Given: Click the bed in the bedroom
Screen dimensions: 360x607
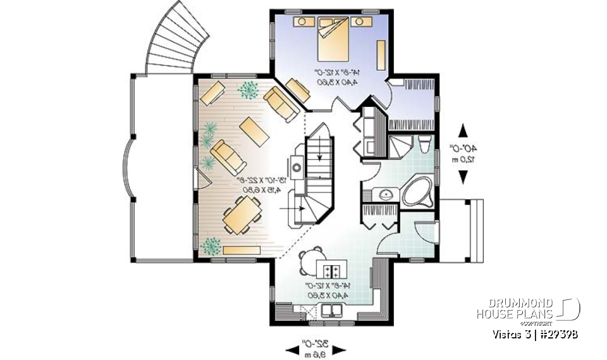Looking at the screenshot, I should (x=331, y=37).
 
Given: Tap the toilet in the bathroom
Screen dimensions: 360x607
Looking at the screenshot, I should (x=424, y=145).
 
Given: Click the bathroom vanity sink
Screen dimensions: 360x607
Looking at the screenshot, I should (x=383, y=194).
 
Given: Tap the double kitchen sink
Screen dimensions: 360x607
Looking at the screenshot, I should (x=332, y=311).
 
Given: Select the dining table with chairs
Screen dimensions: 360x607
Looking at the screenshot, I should (x=242, y=214).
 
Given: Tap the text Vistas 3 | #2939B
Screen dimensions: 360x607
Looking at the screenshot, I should (x=538, y=333).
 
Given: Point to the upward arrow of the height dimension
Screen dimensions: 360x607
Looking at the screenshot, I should (x=463, y=131).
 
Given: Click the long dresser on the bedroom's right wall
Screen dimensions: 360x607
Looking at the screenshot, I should (x=381, y=55).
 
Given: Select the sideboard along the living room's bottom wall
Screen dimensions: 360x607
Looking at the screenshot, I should (x=240, y=251).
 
